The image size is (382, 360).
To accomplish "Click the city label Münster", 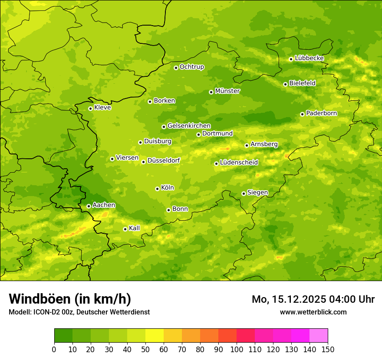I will (x=227, y=91).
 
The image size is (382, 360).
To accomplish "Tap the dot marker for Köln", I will (x=157, y=189).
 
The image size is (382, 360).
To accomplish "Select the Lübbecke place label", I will (x=309, y=58).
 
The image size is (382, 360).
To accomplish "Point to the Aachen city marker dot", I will (x=89, y=206).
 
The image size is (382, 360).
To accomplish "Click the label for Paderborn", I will (x=321, y=113).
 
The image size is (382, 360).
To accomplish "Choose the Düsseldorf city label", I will (x=163, y=160).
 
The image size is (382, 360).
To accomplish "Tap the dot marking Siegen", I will (x=244, y=193).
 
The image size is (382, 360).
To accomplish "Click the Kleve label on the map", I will (x=102, y=108).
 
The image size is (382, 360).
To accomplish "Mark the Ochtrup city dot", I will (x=176, y=68).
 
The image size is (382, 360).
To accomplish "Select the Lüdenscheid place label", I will (x=239, y=163).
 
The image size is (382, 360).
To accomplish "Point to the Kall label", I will (x=134, y=228).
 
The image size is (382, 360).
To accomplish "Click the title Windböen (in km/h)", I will (x=70, y=299).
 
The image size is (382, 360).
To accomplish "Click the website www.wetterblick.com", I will (x=313, y=312).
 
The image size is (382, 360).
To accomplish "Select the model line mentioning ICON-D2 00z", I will (x=79, y=312).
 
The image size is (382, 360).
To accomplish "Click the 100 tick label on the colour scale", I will (x=237, y=349).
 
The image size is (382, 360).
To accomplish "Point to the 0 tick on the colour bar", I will (x=54, y=349).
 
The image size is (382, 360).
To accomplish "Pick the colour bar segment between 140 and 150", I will (x=319, y=336).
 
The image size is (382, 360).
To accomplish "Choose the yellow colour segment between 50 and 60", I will (x=155, y=336).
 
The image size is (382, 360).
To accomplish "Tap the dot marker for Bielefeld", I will (x=285, y=84).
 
